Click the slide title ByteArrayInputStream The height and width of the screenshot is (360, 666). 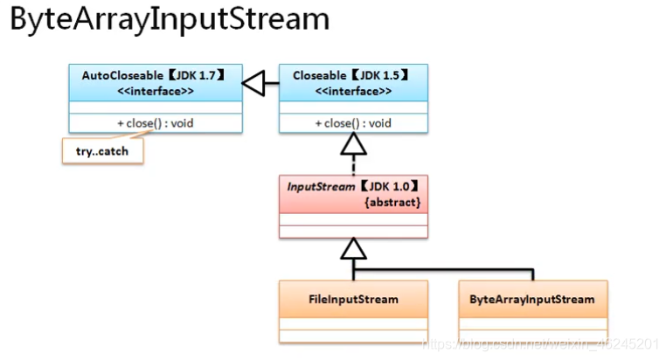point(170,21)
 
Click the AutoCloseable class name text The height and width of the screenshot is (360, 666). point(117,75)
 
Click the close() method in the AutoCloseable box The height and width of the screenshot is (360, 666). point(155,123)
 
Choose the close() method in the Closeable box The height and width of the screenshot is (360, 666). point(353,123)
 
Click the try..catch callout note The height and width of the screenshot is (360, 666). point(101,151)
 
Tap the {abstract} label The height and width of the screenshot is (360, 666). point(392,202)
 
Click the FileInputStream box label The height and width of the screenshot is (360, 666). point(353,300)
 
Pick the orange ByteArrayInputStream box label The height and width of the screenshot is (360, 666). point(532,300)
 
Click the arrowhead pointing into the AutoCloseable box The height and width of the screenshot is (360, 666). point(253,84)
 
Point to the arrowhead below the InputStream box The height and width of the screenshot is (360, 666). point(353,249)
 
